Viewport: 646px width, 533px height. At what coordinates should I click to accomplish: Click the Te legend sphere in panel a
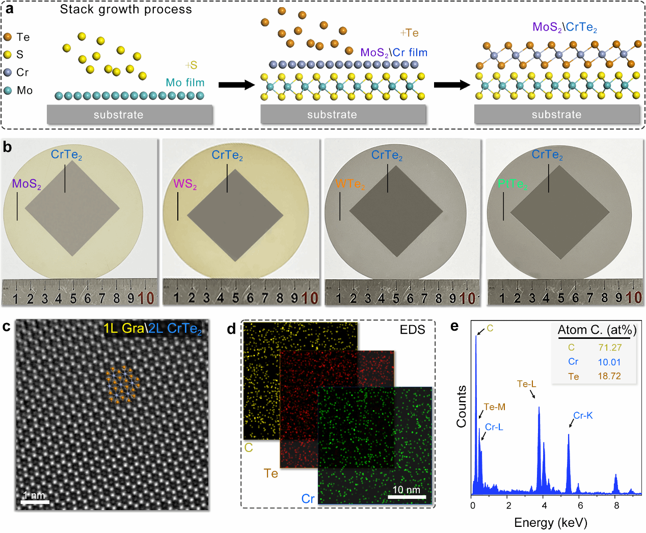pyautogui.click(x=8, y=37)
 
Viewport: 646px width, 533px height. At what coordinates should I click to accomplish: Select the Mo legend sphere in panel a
pyautogui.click(x=8, y=90)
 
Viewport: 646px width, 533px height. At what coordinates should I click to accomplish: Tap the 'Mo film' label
pyautogui.click(x=185, y=83)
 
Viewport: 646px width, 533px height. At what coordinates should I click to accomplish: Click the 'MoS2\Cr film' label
pyautogui.click(x=394, y=52)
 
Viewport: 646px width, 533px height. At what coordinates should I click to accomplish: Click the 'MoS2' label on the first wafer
pyautogui.click(x=26, y=184)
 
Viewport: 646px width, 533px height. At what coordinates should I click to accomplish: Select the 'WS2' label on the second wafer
pyautogui.click(x=185, y=184)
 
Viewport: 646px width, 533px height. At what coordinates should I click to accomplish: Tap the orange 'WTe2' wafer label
pyautogui.click(x=350, y=184)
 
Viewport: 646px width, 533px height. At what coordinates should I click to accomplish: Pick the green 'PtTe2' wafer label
pyautogui.click(x=513, y=184)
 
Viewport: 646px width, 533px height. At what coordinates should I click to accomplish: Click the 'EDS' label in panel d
pyautogui.click(x=412, y=330)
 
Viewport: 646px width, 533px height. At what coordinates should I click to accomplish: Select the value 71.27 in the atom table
pyautogui.click(x=610, y=348)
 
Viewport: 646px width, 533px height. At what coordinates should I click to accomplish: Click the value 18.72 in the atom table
pyautogui.click(x=609, y=376)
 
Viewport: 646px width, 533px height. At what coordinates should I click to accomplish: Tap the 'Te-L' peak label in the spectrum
pyautogui.click(x=526, y=384)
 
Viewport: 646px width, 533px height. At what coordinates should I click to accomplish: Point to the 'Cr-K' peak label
pyautogui.click(x=583, y=415)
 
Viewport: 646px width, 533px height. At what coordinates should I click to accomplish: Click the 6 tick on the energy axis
pyautogui.click(x=580, y=505)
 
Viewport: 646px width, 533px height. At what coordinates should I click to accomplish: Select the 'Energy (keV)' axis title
pyautogui.click(x=551, y=522)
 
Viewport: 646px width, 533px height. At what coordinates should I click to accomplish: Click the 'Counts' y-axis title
pyautogui.click(x=462, y=406)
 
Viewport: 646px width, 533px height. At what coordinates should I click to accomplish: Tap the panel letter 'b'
pyautogui.click(x=7, y=147)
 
